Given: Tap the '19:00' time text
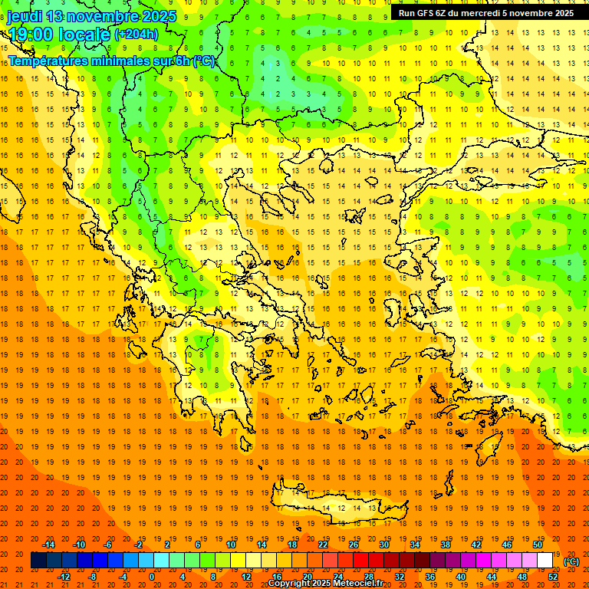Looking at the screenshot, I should coord(31,34).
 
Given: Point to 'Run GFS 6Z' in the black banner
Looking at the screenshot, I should coord(423,13).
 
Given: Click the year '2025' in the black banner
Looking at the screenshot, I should coord(560,13).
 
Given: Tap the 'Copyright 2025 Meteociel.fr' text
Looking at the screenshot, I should coord(325,584).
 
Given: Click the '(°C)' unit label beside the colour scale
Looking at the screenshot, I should coord(571,561).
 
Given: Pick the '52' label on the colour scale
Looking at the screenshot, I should coord(553,577).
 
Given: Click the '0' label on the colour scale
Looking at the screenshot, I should coord(152,577).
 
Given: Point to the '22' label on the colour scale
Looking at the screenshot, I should coord(323,545).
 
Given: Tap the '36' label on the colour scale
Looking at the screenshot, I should coord(430,577).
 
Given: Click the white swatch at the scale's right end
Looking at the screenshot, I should coord(545,561).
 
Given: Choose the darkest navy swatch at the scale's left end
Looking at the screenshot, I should coord(38,561).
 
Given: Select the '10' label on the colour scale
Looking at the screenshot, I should coord(230,545).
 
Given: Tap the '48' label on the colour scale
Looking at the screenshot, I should coord(522,577).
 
